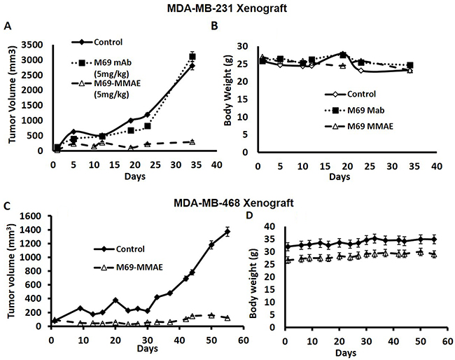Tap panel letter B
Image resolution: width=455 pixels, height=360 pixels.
(x=214, y=27)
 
